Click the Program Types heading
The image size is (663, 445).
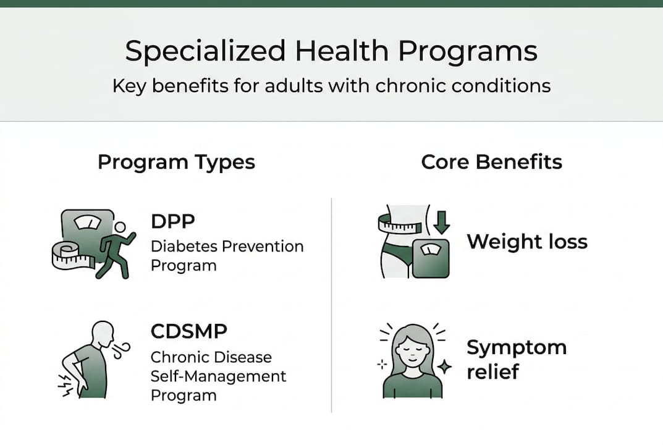coord(176,163)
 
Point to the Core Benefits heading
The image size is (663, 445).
coord(492,163)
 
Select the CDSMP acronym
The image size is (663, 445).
coord(189,331)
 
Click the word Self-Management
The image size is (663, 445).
coord(218,376)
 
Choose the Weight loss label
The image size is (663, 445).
coord(527,241)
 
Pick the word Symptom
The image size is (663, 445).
coord(517,347)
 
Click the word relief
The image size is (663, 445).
coord(493,372)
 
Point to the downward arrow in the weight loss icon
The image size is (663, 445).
coord(441,223)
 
